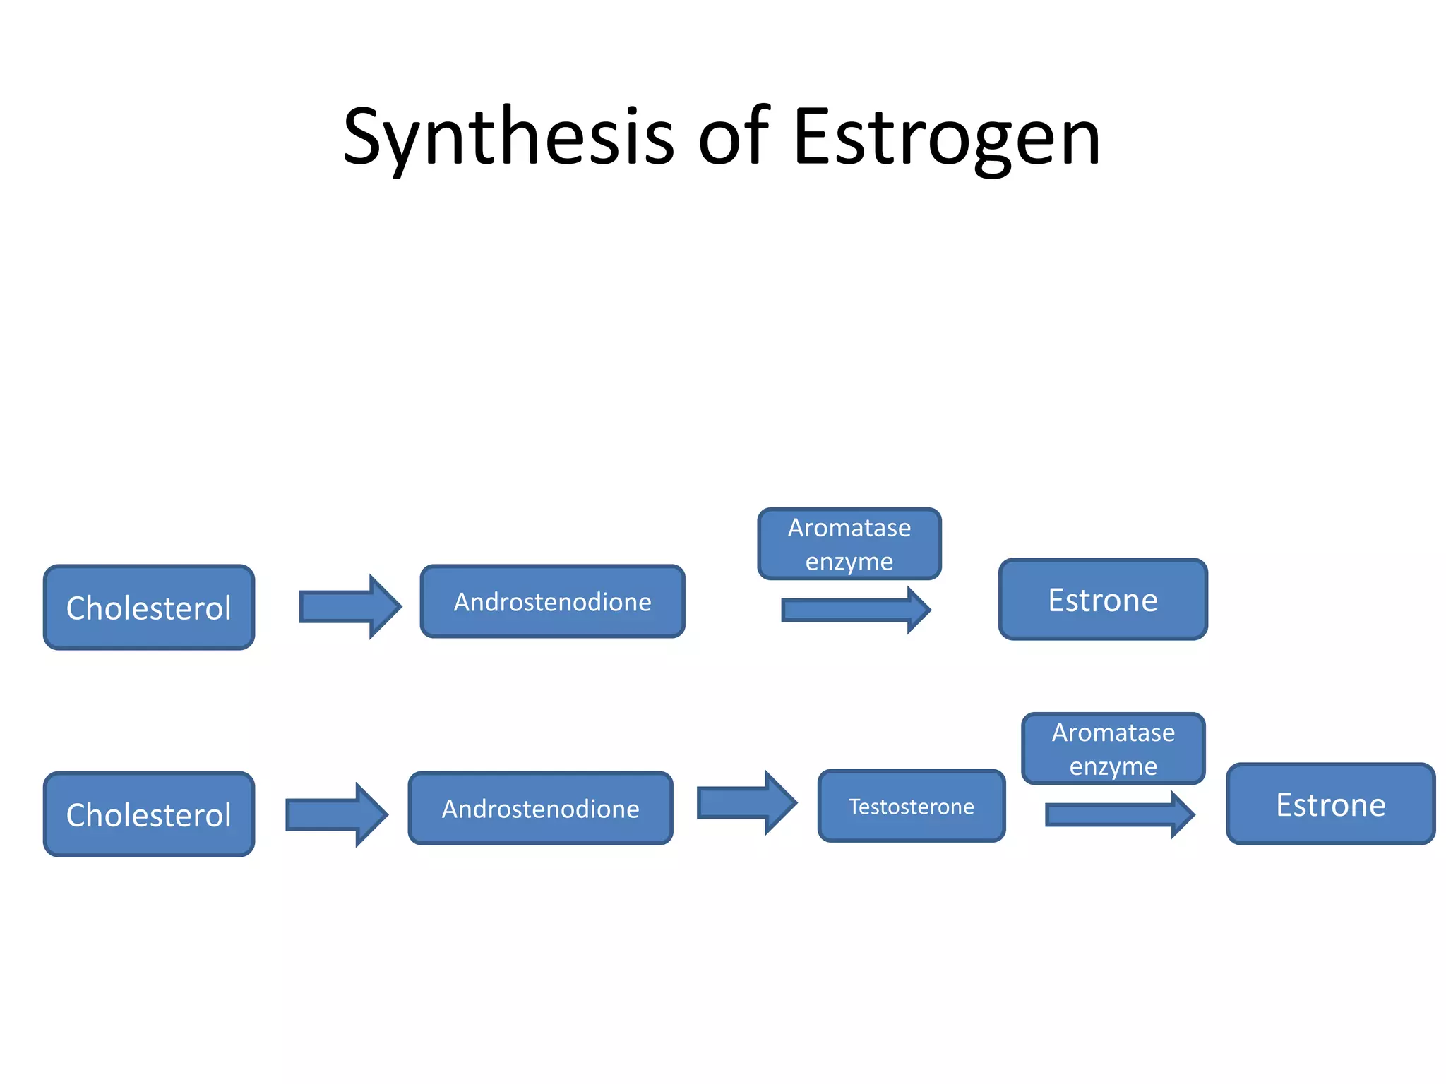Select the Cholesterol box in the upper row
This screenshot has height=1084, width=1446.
pos(149,608)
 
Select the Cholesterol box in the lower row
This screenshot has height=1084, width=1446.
pos(149,814)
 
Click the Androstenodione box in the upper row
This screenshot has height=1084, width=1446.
pos(552,601)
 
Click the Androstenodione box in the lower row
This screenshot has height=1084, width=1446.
pos(540,808)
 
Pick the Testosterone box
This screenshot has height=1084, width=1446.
pos(911,806)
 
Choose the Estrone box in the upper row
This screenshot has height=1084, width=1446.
pos(1103,600)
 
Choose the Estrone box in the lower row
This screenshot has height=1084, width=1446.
pos(1331,805)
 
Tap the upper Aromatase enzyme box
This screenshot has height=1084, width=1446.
pos(849,544)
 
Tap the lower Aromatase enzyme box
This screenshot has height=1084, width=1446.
pos(1113,749)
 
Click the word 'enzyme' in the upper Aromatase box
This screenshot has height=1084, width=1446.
pos(849,562)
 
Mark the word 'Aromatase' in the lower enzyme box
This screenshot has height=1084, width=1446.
pos(1113,733)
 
